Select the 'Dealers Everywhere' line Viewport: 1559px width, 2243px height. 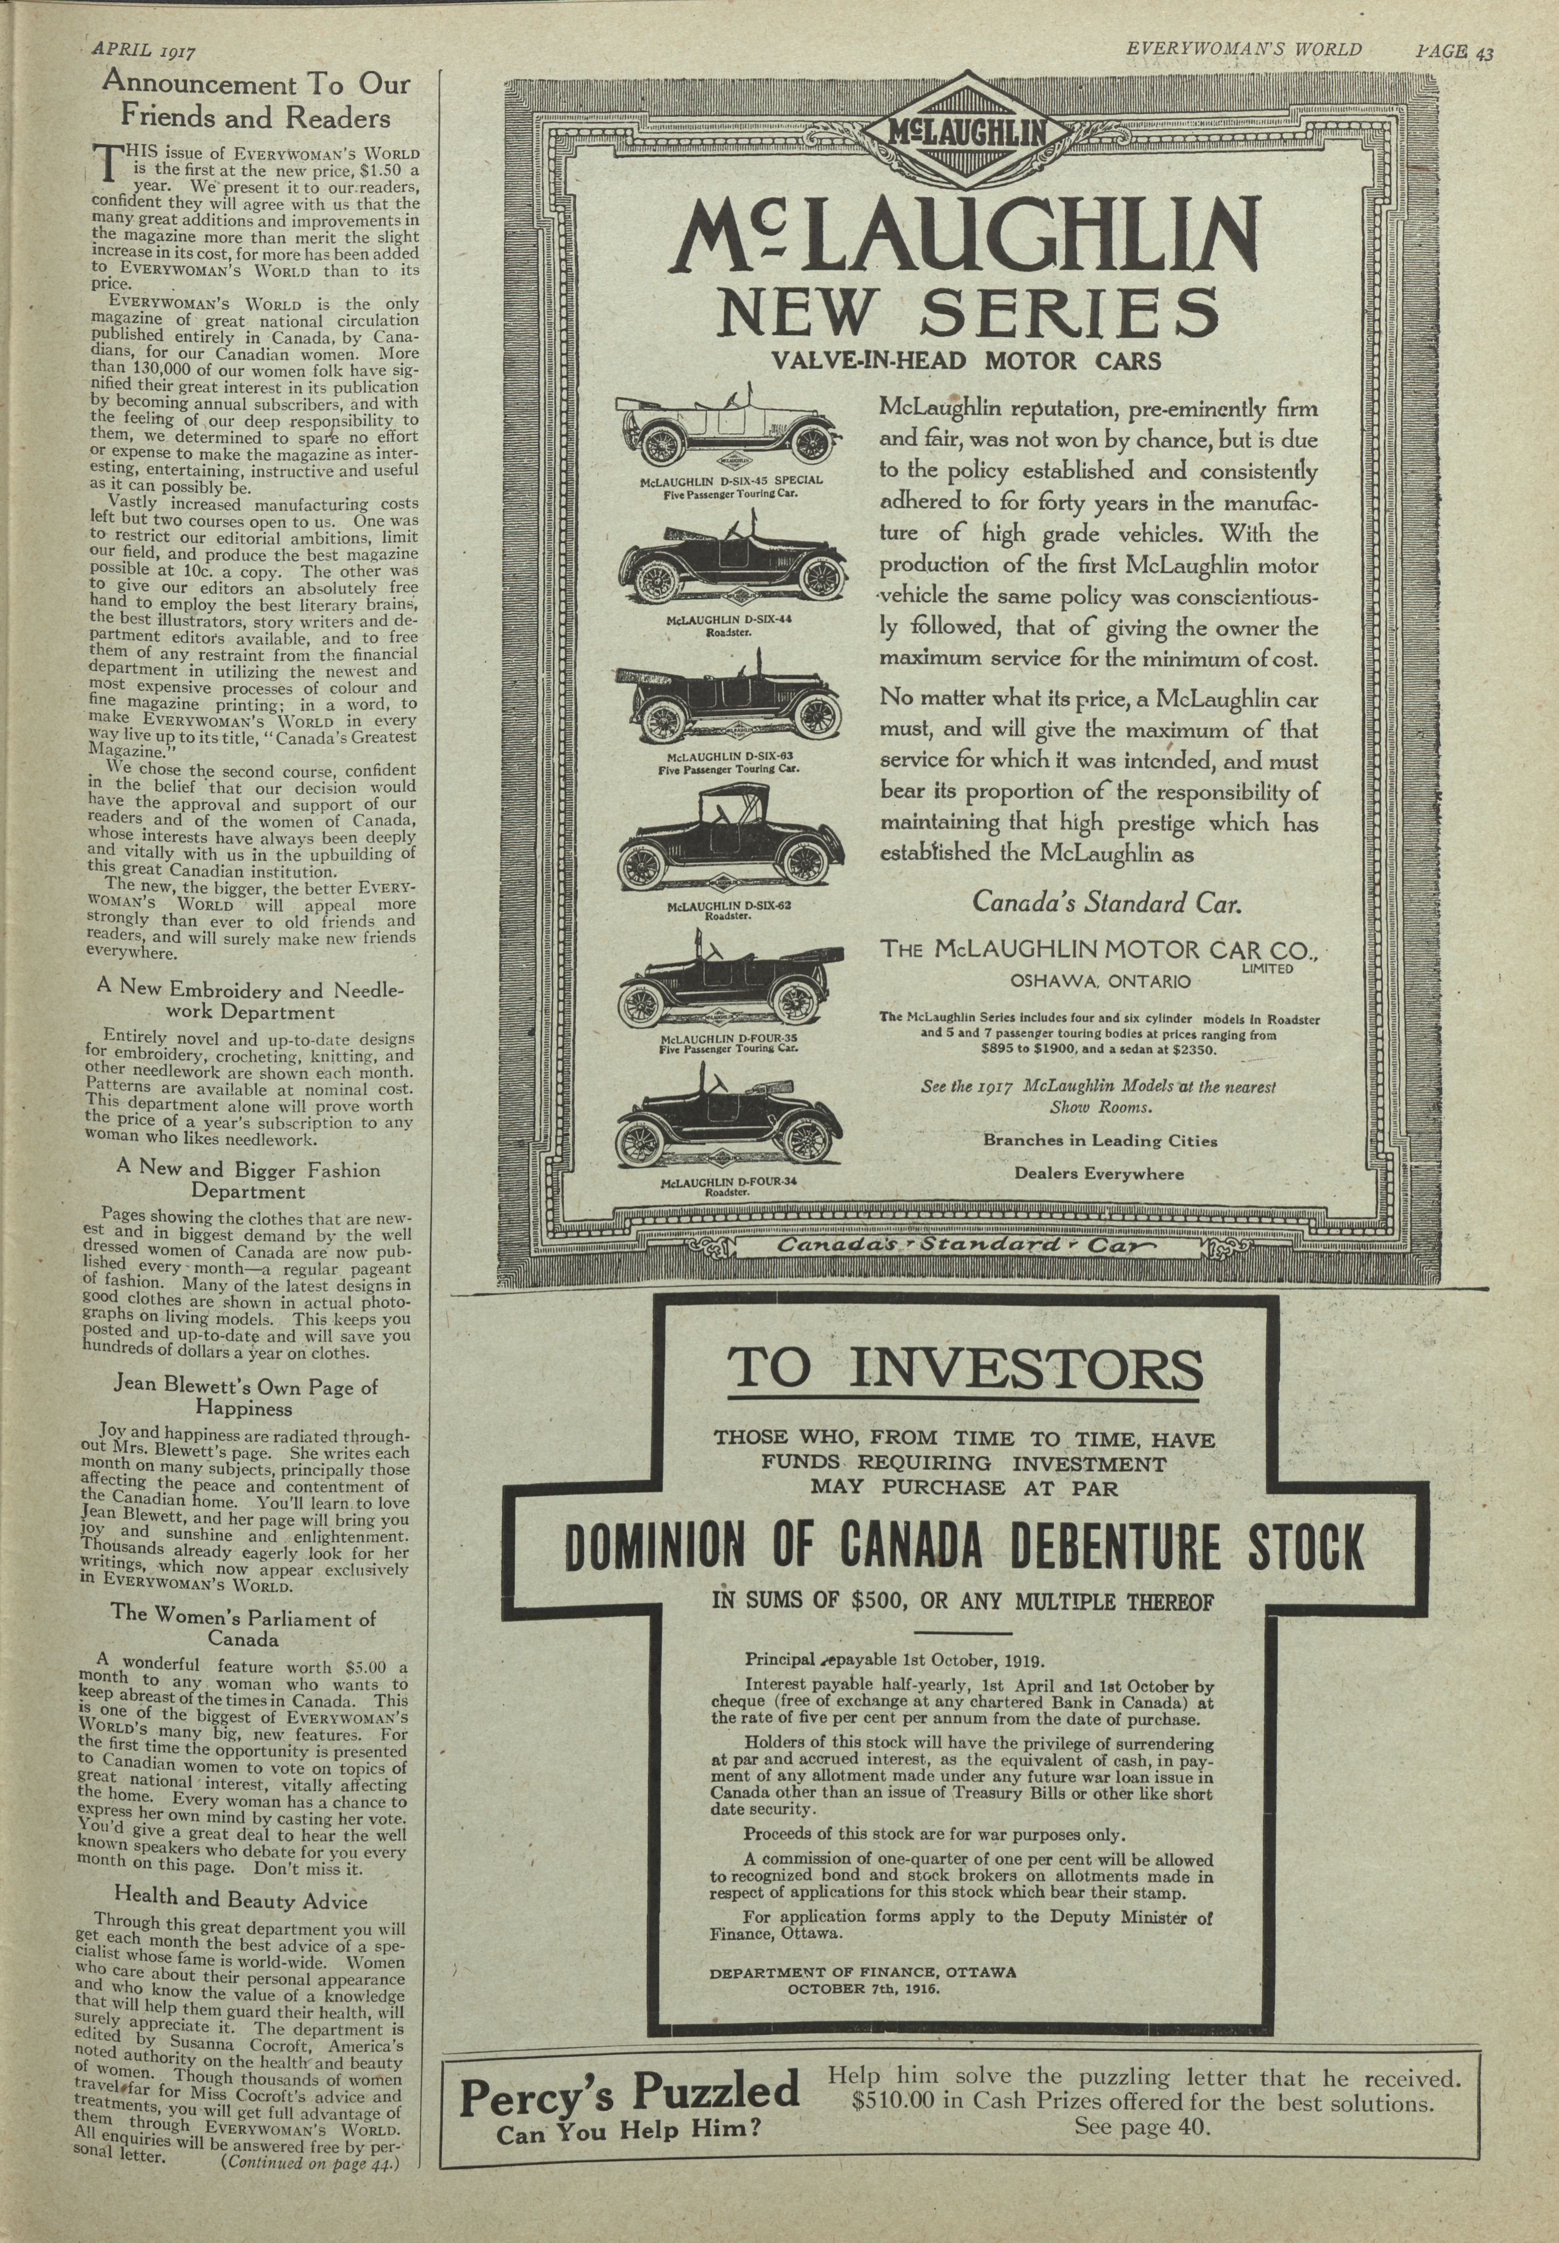point(1099,1173)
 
